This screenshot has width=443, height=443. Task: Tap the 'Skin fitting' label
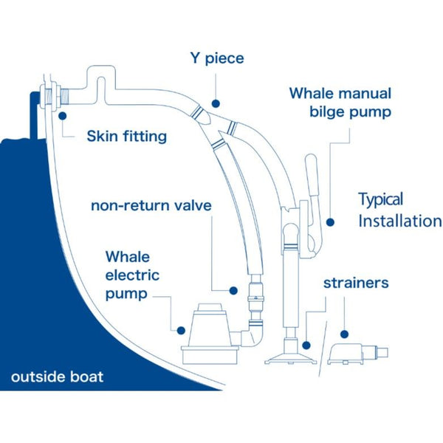(126, 136)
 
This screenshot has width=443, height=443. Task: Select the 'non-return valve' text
(151, 205)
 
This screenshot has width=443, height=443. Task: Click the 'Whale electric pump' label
(136, 275)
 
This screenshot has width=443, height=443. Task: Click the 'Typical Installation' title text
(399, 210)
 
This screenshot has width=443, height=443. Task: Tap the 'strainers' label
(356, 283)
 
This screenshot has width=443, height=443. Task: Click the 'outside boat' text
(57, 377)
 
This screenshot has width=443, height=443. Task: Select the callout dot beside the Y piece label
(215, 105)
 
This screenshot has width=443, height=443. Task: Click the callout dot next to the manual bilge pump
(330, 220)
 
